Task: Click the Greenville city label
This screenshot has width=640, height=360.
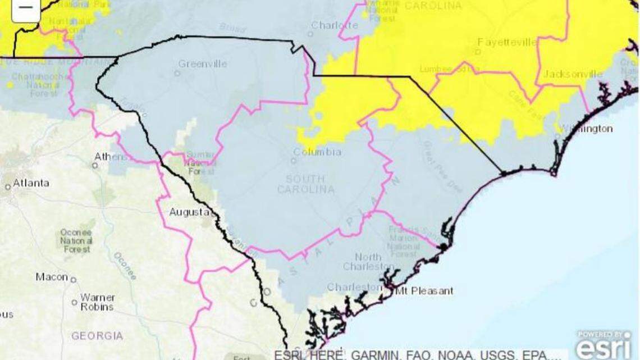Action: (203, 64)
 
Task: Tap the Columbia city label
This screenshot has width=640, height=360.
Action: (317, 152)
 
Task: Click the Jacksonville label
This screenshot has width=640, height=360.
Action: (573, 74)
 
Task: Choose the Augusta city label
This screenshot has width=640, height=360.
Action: (189, 212)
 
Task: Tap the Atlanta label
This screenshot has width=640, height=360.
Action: (31, 183)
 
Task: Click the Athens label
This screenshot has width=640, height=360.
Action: (111, 156)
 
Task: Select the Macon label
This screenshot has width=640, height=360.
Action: (52, 277)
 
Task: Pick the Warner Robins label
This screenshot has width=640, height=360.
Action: (97, 302)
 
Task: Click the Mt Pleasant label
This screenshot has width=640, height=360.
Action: (424, 291)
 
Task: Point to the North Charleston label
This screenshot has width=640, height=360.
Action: (368, 262)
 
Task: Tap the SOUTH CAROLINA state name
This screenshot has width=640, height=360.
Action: (306, 184)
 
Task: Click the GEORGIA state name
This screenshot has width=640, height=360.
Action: (97, 336)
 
